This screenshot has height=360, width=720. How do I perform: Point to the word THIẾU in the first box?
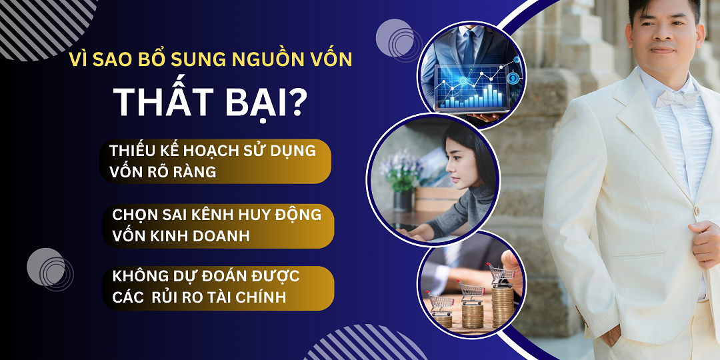pos(135,151)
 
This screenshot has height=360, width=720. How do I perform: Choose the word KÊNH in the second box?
pos(219,215)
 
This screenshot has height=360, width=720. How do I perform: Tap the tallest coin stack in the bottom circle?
pos(502,303)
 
